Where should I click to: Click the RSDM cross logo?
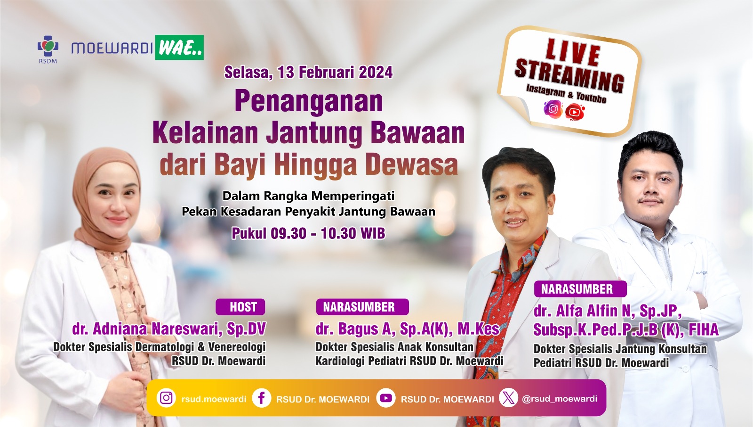[x=48, y=46]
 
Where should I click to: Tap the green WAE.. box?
[x=179, y=48]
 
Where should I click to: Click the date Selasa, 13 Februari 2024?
[x=308, y=72]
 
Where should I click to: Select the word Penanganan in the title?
[x=309, y=101]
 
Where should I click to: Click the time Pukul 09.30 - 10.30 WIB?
[x=308, y=233]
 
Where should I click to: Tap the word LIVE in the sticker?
[x=572, y=52]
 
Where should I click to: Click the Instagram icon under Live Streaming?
[x=553, y=109]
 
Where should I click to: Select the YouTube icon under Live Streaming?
[x=575, y=112]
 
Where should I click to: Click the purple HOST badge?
[x=240, y=307]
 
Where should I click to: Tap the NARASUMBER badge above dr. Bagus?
[x=362, y=307]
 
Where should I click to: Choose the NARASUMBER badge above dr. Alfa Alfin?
[x=580, y=289]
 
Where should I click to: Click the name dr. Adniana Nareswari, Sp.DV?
[x=169, y=329]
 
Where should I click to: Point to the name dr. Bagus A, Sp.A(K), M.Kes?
[x=408, y=329]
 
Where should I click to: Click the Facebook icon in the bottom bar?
[x=262, y=398]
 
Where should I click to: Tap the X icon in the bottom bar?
[x=508, y=398]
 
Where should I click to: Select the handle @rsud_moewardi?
[x=560, y=399]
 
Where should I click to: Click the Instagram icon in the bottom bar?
[x=166, y=398]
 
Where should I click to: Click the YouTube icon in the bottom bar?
[x=385, y=398]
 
